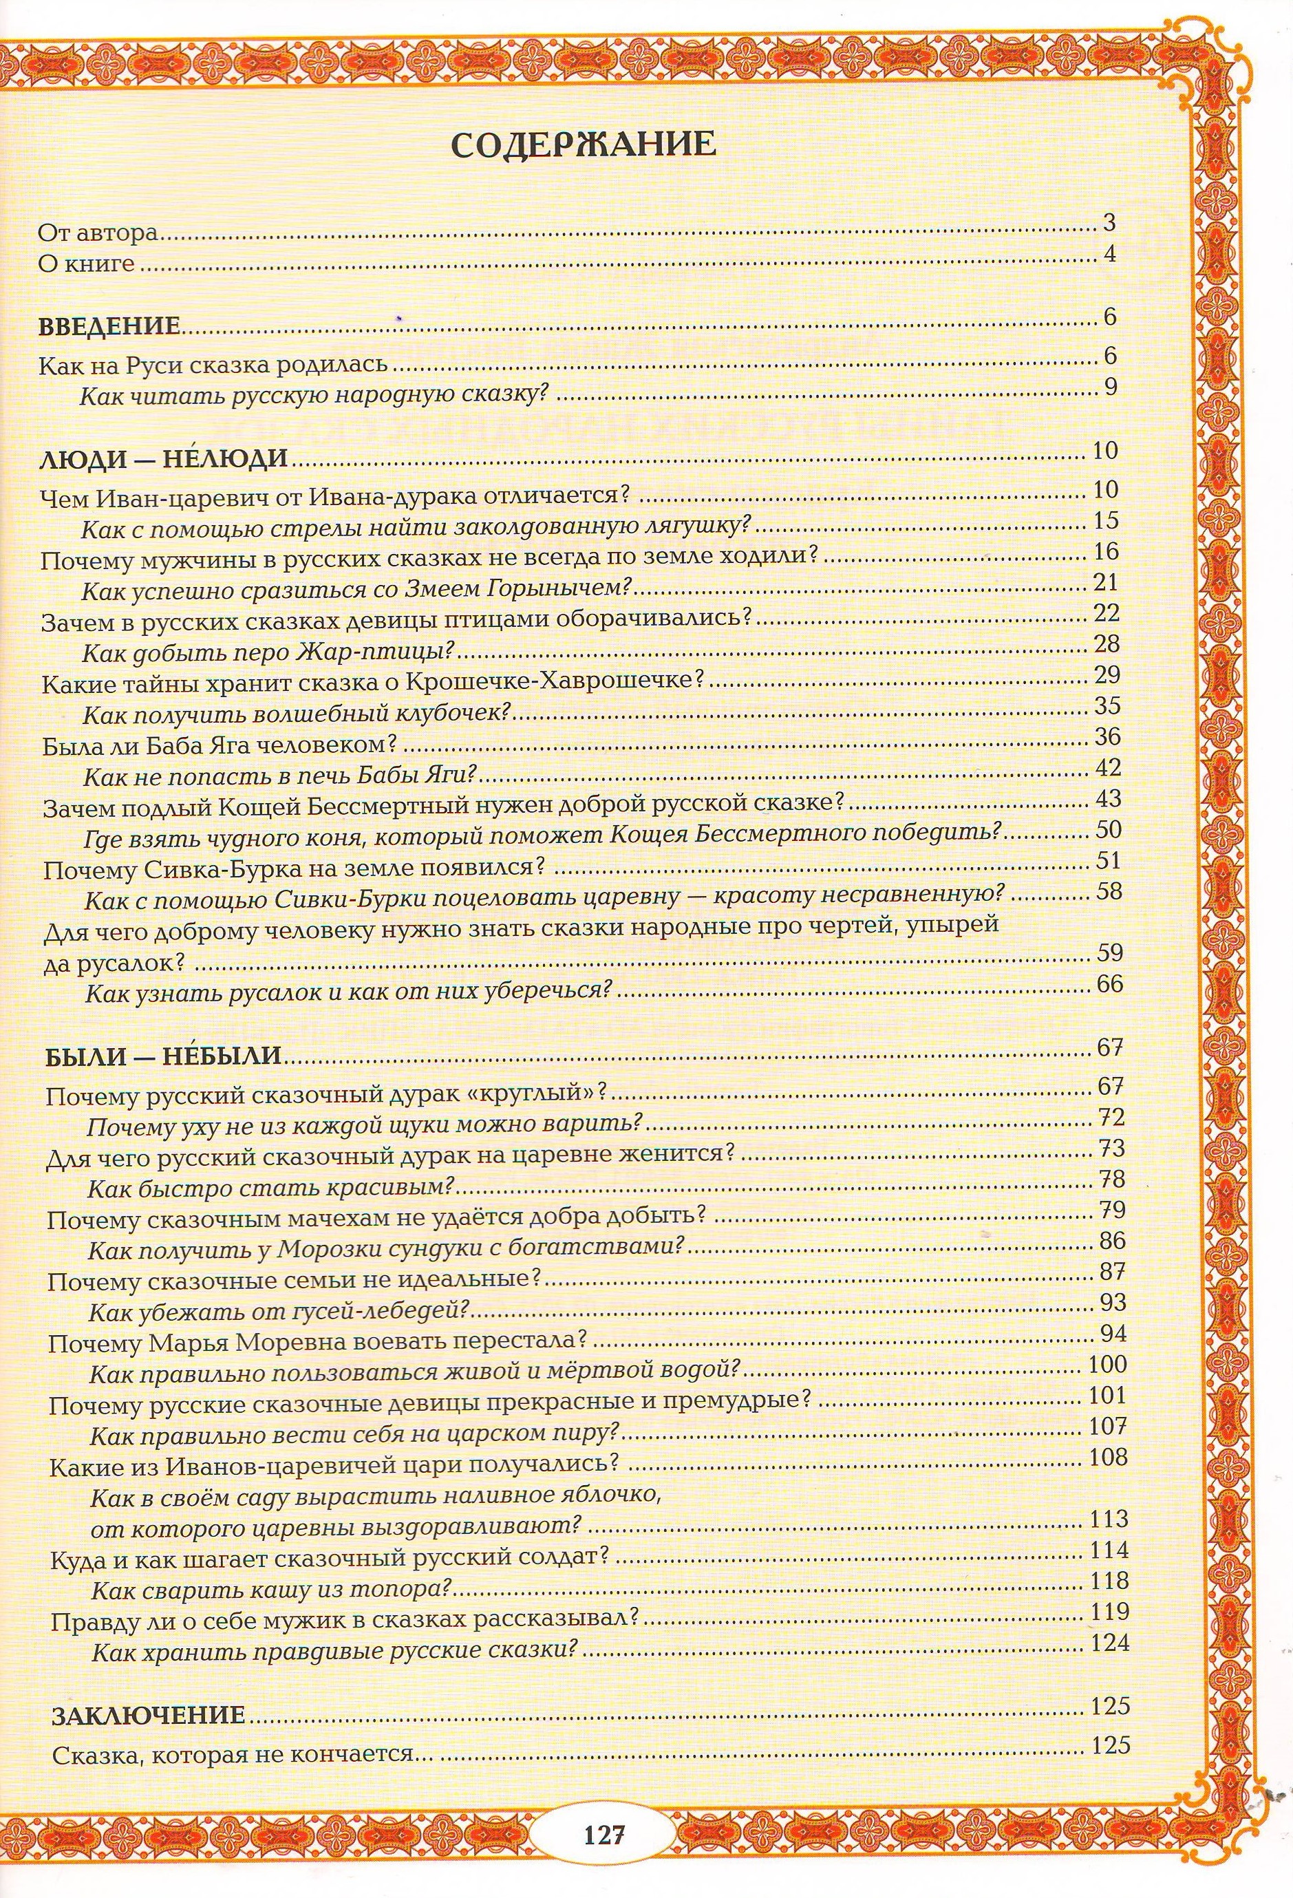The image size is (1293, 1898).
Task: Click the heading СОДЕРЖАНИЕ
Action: pyautogui.click(x=584, y=145)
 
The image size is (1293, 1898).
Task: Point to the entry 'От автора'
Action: pyautogui.click(x=98, y=233)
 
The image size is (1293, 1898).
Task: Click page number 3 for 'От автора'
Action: pyautogui.click(x=1109, y=222)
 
